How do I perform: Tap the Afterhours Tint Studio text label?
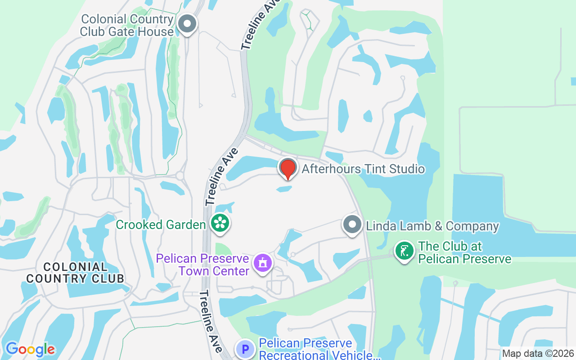363,169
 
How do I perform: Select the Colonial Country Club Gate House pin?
187,24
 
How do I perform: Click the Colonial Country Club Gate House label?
127,26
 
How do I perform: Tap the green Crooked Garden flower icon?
220,223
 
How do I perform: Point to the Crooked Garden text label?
161,225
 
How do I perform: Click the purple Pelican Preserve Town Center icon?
262,262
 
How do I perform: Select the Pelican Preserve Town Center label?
202,265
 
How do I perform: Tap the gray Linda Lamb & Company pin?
352,224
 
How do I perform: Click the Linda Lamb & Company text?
432,226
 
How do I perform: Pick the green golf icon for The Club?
405,251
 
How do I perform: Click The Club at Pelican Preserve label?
464,252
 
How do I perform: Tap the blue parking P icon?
245,349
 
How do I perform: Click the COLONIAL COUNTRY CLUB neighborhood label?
75,273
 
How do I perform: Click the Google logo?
30,349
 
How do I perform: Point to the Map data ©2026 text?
538,353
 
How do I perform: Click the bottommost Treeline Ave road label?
211,321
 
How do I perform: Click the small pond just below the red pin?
284,189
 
